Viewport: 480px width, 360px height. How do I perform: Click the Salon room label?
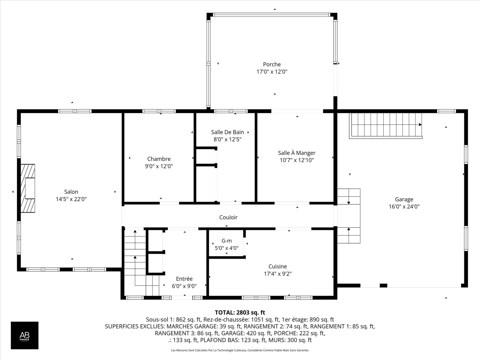pyautogui.click(x=71, y=192)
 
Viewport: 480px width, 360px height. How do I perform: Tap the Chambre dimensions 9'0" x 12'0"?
pyautogui.click(x=159, y=166)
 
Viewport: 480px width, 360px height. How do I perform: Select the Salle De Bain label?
pyautogui.click(x=227, y=132)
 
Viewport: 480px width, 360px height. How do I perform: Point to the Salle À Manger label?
pyautogui.click(x=296, y=153)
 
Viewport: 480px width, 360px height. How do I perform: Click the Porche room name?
pyautogui.click(x=272, y=64)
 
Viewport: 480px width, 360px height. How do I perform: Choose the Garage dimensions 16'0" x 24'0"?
pyautogui.click(x=404, y=206)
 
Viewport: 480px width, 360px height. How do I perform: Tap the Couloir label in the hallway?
pyautogui.click(x=228, y=217)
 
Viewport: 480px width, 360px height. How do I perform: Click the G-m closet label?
pyautogui.click(x=226, y=241)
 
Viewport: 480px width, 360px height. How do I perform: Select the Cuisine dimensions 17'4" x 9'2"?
pyautogui.click(x=277, y=274)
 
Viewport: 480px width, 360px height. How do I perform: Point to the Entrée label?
pyautogui.click(x=184, y=279)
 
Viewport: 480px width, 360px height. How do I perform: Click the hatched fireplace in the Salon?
pyautogui.click(x=28, y=188)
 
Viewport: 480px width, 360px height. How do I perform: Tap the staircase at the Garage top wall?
pyautogui.click(x=386, y=125)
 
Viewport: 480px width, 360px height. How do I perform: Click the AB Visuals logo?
pyautogui.click(x=24, y=335)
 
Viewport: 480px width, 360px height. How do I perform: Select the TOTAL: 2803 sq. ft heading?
pyautogui.click(x=240, y=312)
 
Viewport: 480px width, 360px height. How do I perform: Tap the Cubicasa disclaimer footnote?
pyautogui.click(x=240, y=350)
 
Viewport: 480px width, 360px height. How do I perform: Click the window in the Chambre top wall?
pyautogui.click(x=159, y=111)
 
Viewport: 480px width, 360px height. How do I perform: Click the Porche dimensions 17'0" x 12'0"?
pyautogui.click(x=272, y=72)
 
